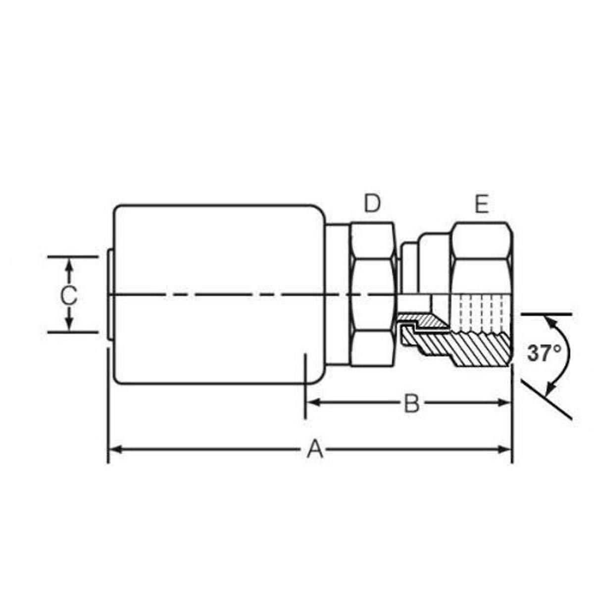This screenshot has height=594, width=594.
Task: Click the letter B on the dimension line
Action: (411, 404)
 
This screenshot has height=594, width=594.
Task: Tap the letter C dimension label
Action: (68, 296)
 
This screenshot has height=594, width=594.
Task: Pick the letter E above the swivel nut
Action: (481, 204)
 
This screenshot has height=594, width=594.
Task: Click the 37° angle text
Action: (544, 353)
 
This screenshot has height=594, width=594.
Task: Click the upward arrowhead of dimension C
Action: (69, 265)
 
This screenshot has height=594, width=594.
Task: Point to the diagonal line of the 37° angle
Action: (547, 398)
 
